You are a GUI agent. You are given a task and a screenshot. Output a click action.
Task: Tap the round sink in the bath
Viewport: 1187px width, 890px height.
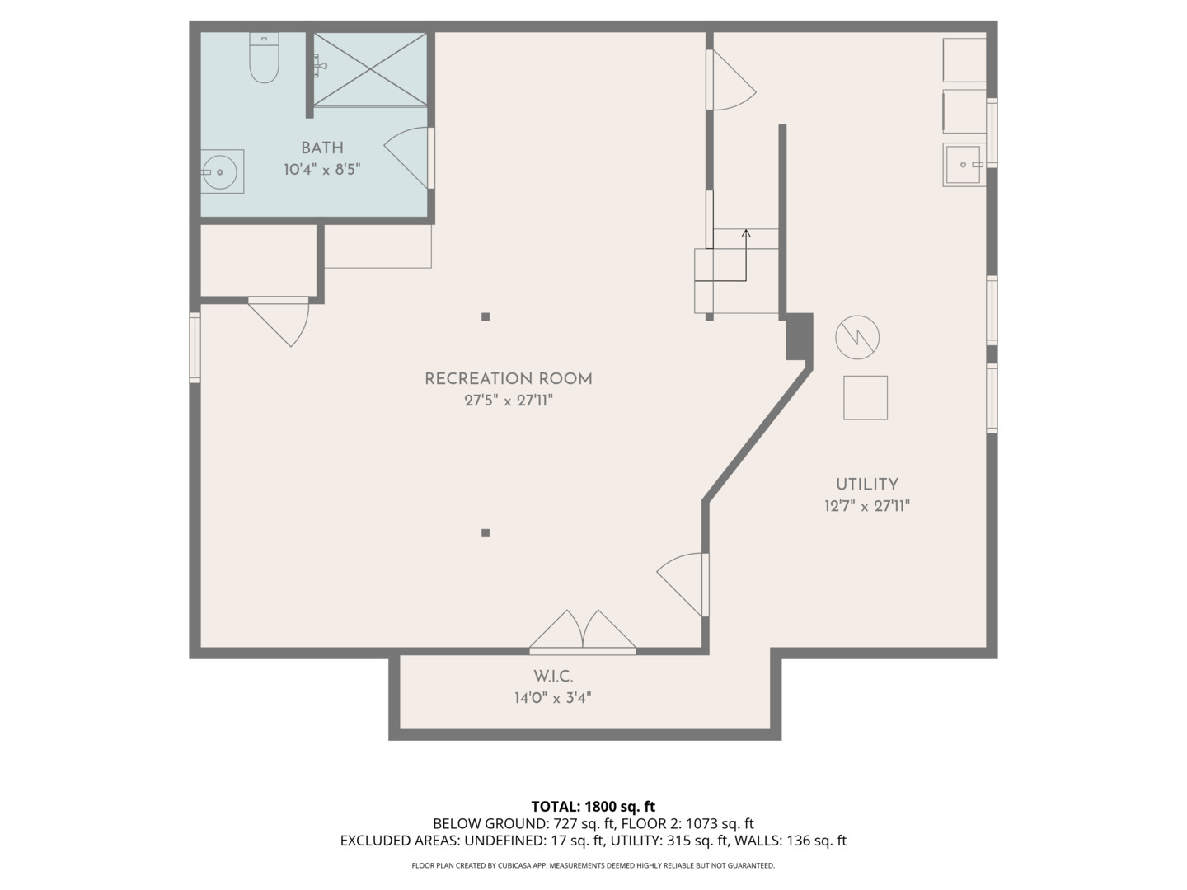pos(220,171)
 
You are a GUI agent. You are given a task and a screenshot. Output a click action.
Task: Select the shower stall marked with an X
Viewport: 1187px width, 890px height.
pos(370,69)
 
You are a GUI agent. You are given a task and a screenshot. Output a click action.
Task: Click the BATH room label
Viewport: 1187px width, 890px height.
pos(321,148)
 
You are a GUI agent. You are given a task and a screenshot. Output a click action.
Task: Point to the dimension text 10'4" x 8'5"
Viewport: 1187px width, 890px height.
pos(321,170)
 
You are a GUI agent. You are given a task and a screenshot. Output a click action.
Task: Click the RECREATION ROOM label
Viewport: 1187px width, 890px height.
pos(508,379)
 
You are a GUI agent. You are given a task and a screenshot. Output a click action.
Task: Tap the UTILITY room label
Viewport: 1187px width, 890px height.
pos(866,485)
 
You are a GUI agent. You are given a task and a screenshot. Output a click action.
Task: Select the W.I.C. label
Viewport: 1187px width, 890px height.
pos(552,677)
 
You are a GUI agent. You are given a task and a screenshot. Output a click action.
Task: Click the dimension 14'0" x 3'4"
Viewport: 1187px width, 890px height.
pos(552,698)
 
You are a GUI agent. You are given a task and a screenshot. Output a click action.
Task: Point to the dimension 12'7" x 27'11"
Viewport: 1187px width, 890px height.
pos(866,506)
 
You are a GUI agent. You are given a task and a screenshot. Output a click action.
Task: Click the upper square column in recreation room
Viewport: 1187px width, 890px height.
pos(486,316)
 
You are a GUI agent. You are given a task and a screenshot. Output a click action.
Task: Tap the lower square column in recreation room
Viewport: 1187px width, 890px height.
pos(486,533)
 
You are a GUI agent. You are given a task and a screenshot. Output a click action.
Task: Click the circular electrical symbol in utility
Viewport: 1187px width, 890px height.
pos(857,337)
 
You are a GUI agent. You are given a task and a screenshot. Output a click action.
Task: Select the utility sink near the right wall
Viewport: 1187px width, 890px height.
pos(964,165)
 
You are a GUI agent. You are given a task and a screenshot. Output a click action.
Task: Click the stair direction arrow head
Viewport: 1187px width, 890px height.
pos(746,234)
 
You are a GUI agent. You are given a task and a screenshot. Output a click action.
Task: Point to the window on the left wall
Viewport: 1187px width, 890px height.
pos(195,347)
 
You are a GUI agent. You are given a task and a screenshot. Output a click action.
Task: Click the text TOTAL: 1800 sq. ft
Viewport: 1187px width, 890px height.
pos(593,807)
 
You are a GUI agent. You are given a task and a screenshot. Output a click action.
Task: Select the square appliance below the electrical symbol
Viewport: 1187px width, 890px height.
pos(865,398)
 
